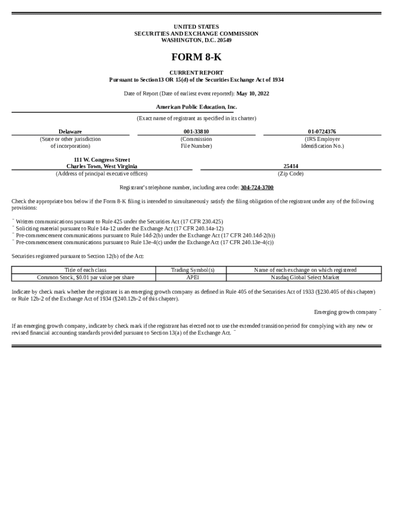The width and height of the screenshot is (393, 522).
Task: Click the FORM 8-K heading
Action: [196, 58]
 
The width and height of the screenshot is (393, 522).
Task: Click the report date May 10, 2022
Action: [253, 94]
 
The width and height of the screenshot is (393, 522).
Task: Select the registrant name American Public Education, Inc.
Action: [196, 107]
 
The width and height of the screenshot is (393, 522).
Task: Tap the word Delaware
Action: [70, 132]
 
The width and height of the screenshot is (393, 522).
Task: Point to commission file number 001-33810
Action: [196, 132]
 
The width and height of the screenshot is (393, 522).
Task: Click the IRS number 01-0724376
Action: [322, 132]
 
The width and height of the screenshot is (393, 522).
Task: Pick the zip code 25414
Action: [290, 166]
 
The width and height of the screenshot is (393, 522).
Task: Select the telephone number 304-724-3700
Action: [257, 188]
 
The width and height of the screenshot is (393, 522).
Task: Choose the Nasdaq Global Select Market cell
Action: [305, 278]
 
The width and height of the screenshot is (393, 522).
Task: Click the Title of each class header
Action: [85, 270]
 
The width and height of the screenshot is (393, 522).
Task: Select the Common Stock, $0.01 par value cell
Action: [85, 278]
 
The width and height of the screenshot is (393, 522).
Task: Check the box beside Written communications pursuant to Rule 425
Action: [13, 220]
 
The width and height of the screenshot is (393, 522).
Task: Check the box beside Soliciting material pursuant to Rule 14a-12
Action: [13, 227]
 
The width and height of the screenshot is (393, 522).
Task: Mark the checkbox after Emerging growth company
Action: [380, 310]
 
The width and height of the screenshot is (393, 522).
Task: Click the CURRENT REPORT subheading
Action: [196, 73]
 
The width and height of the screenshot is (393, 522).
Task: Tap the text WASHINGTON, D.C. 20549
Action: [196, 40]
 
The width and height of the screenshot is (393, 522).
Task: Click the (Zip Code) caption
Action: [290, 174]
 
